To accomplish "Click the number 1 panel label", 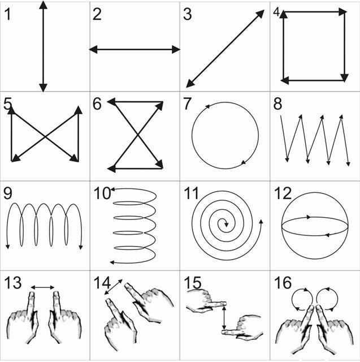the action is coord(7,14).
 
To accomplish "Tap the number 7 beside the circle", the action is coord(187,104).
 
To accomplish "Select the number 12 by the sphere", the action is coord(283,193).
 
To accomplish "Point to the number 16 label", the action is coord(283,283).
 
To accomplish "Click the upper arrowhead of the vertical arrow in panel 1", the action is coord(43,5).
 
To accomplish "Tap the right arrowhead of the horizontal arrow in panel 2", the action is coord(176,49).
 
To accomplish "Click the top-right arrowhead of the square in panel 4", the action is coord(342,11).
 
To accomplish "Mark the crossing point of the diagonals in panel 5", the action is coord(45,137).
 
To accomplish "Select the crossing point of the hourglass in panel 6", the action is coord(138,135).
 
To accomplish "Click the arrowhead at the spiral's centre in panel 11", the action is coord(226,225).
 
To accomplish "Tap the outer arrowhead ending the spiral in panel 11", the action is coord(261,222).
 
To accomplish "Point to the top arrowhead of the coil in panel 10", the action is coord(112,189).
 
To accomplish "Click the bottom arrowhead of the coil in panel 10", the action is coord(112,262).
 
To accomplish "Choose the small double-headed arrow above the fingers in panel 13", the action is coord(42,287).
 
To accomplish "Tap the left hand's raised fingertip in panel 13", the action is coord(31,294).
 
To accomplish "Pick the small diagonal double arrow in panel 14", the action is coord(113,287).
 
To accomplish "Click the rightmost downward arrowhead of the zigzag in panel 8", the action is coord(348,164).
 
